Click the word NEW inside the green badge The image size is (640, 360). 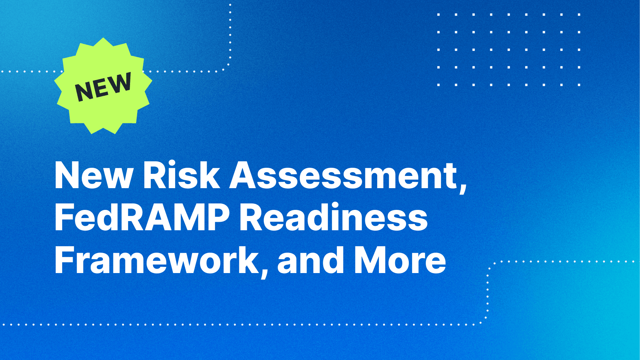[103, 87]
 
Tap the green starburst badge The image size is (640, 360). [103, 86]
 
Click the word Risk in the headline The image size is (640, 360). [181, 175]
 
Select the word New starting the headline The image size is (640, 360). [94, 176]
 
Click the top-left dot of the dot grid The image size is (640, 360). [439, 15]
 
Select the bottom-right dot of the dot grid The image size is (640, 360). [579, 85]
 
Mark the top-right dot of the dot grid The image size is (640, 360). [579, 15]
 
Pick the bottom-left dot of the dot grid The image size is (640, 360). [439, 85]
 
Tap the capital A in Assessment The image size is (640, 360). [244, 175]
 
